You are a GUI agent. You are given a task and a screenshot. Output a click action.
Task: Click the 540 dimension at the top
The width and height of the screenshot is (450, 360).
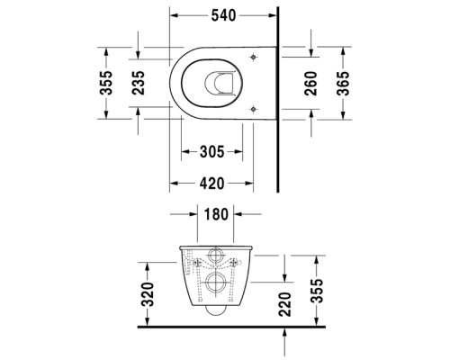point(224,15)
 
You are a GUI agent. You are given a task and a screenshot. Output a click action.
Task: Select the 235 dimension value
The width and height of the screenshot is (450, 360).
point(138,81)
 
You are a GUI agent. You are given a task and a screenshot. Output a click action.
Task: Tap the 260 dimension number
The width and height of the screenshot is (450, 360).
point(311,81)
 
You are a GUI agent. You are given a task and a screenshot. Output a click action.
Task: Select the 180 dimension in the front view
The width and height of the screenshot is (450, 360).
point(215,216)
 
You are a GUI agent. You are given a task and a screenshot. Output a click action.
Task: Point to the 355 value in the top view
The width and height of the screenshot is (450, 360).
point(106,81)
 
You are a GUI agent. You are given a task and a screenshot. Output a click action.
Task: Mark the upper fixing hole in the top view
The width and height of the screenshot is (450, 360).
point(252,57)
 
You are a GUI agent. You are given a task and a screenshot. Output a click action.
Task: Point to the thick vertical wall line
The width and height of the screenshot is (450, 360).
point(277,108)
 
